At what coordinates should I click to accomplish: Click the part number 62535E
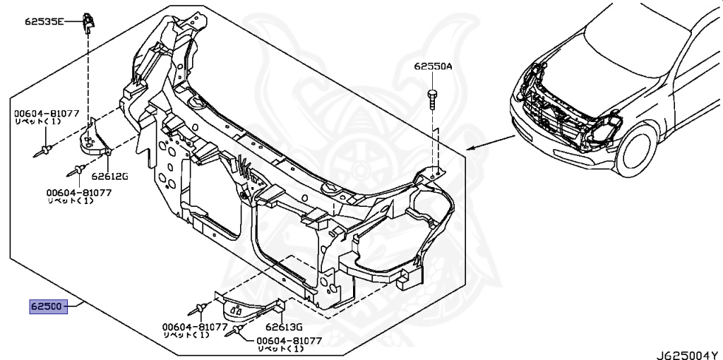(x=43, y=22)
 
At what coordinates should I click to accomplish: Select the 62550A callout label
(x=433, y=67)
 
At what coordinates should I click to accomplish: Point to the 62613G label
(x=284, y=327)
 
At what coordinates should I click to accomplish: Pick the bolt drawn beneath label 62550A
(x=432, y=97)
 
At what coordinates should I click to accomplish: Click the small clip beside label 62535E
(x=88, y=22)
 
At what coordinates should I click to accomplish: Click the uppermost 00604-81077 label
(x=46, y=113)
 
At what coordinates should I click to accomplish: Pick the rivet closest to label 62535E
(x=45, y=149)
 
